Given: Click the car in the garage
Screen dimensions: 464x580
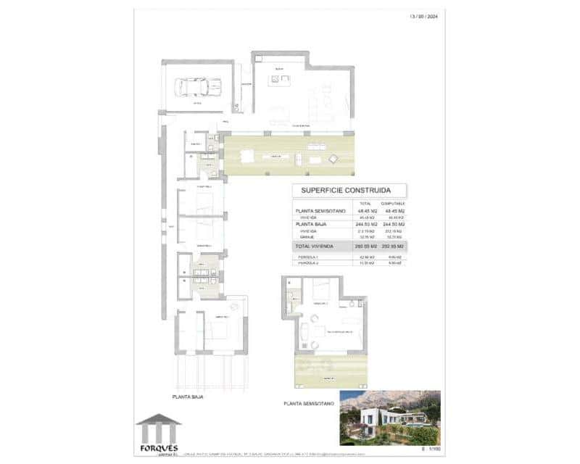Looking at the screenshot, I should (194, 88).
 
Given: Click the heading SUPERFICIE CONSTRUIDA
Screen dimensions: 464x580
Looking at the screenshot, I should (349, 191).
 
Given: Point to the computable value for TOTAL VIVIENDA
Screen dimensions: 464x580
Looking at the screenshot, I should (396, 247).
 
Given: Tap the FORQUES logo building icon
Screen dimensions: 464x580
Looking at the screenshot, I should (159, 427).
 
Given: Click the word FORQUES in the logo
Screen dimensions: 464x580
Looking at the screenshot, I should (159, 447).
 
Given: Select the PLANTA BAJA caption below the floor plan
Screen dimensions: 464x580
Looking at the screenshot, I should (187, 397).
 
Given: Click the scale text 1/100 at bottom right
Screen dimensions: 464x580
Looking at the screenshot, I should (433, 451).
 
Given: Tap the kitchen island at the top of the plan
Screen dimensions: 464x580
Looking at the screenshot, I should (278, 79).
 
